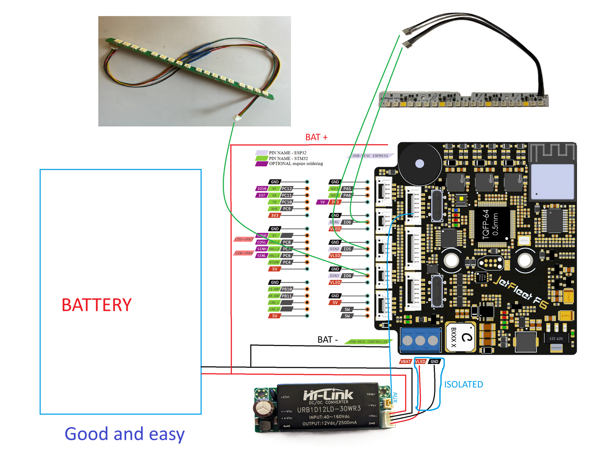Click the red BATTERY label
click(97, 305)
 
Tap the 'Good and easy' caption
click(124, 434)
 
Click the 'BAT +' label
click(316, 137)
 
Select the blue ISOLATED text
click(463, 384)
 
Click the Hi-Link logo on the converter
click(328, 395)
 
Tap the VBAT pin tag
click(405, 361)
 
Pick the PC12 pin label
click(287, 188)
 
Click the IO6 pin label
click(347, 222)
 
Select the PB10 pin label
click(287, 289)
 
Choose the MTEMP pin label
click(274, 262)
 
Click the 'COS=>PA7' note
click(244, 239)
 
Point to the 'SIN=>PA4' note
click(244, 253)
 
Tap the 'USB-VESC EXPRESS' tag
click(370, 156)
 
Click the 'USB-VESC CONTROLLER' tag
click(368, 342)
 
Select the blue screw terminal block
click(420, 340)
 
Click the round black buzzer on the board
click(420, 163)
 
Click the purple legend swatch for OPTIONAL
click(261, 164)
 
